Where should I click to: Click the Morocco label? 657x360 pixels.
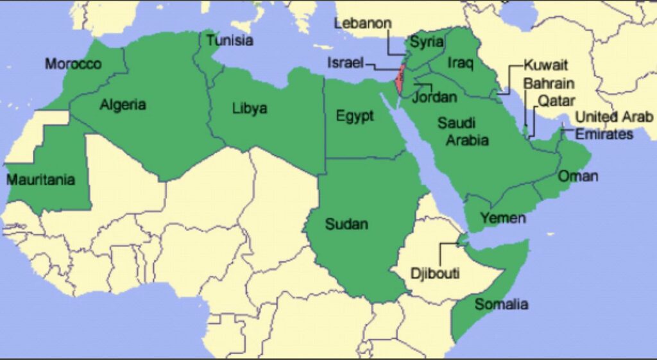pyautogui.click(x=73, y=64)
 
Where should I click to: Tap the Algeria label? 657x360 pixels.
pyautogui.click(x=123, y=105)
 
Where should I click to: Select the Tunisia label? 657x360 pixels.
pyautogui.click(x=229, y=40)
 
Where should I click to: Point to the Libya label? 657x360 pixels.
pyautogui.click(x=249, y=108)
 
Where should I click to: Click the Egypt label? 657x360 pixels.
pyautogui.click(x=355, y=117)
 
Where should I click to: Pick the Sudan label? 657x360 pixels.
pyautogui.click(x=346, y=224)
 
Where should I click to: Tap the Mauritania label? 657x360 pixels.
pyautogui.click(x=40, y=180)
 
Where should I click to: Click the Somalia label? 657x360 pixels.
pyautogui.click(x=501, y=304)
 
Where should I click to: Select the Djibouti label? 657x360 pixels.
pyautogui.click(x=435, y=273)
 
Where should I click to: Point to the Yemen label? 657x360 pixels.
pyautogui.click(x=503, y=218)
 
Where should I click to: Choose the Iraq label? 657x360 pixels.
pyautogui.click(x=459, y=63)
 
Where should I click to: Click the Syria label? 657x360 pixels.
pyautogui.click(x=427, y=42)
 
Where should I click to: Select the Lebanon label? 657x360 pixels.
pyautogui.click(x=363, y=23)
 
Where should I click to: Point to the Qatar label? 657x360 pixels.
pyautogui.click(x=556, y=100)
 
